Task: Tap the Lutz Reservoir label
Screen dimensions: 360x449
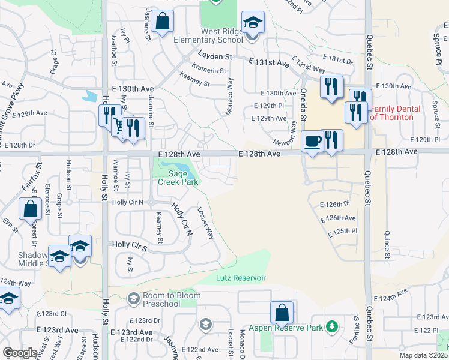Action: (240, 278)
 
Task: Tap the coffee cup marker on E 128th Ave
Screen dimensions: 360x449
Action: (312, 142)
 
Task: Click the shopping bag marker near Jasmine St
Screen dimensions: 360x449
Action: (162, 22)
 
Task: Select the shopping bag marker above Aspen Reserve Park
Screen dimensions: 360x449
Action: (282, 313)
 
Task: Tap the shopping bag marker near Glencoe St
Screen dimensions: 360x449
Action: (30, 210)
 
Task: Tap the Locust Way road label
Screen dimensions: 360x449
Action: (206, 223)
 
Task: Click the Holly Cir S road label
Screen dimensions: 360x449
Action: (130, 245)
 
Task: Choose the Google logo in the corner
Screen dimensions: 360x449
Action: (20, 353)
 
